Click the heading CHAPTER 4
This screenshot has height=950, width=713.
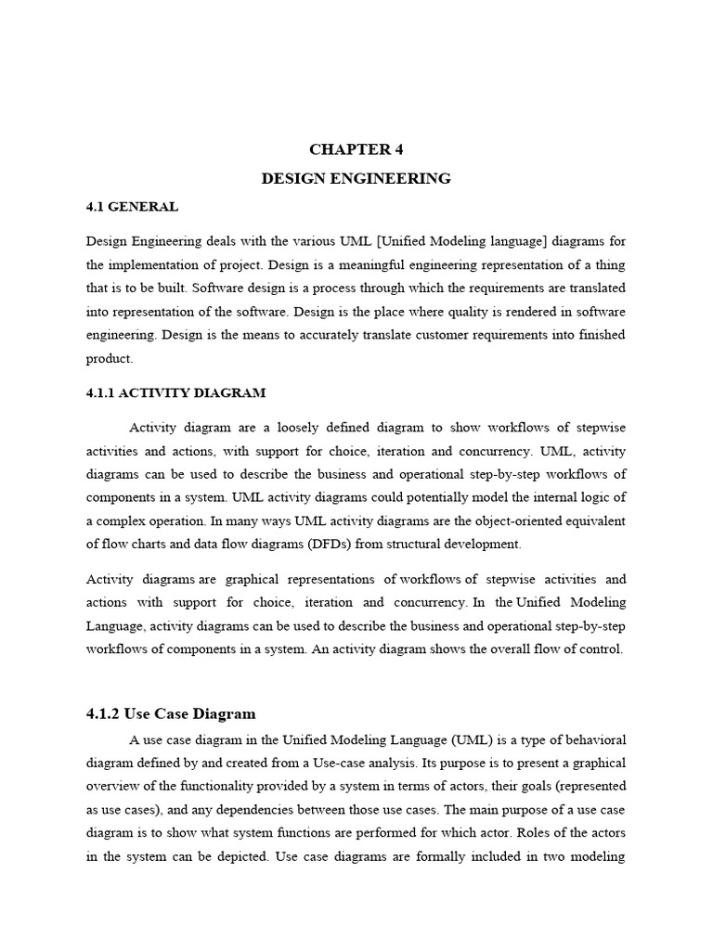point(356,149)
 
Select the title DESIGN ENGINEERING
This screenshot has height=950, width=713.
point(356,178)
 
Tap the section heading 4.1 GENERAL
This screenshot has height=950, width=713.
point(132,207)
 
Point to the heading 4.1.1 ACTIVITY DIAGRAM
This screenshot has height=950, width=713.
point(175,392)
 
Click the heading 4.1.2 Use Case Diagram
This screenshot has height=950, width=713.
point(170,713)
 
